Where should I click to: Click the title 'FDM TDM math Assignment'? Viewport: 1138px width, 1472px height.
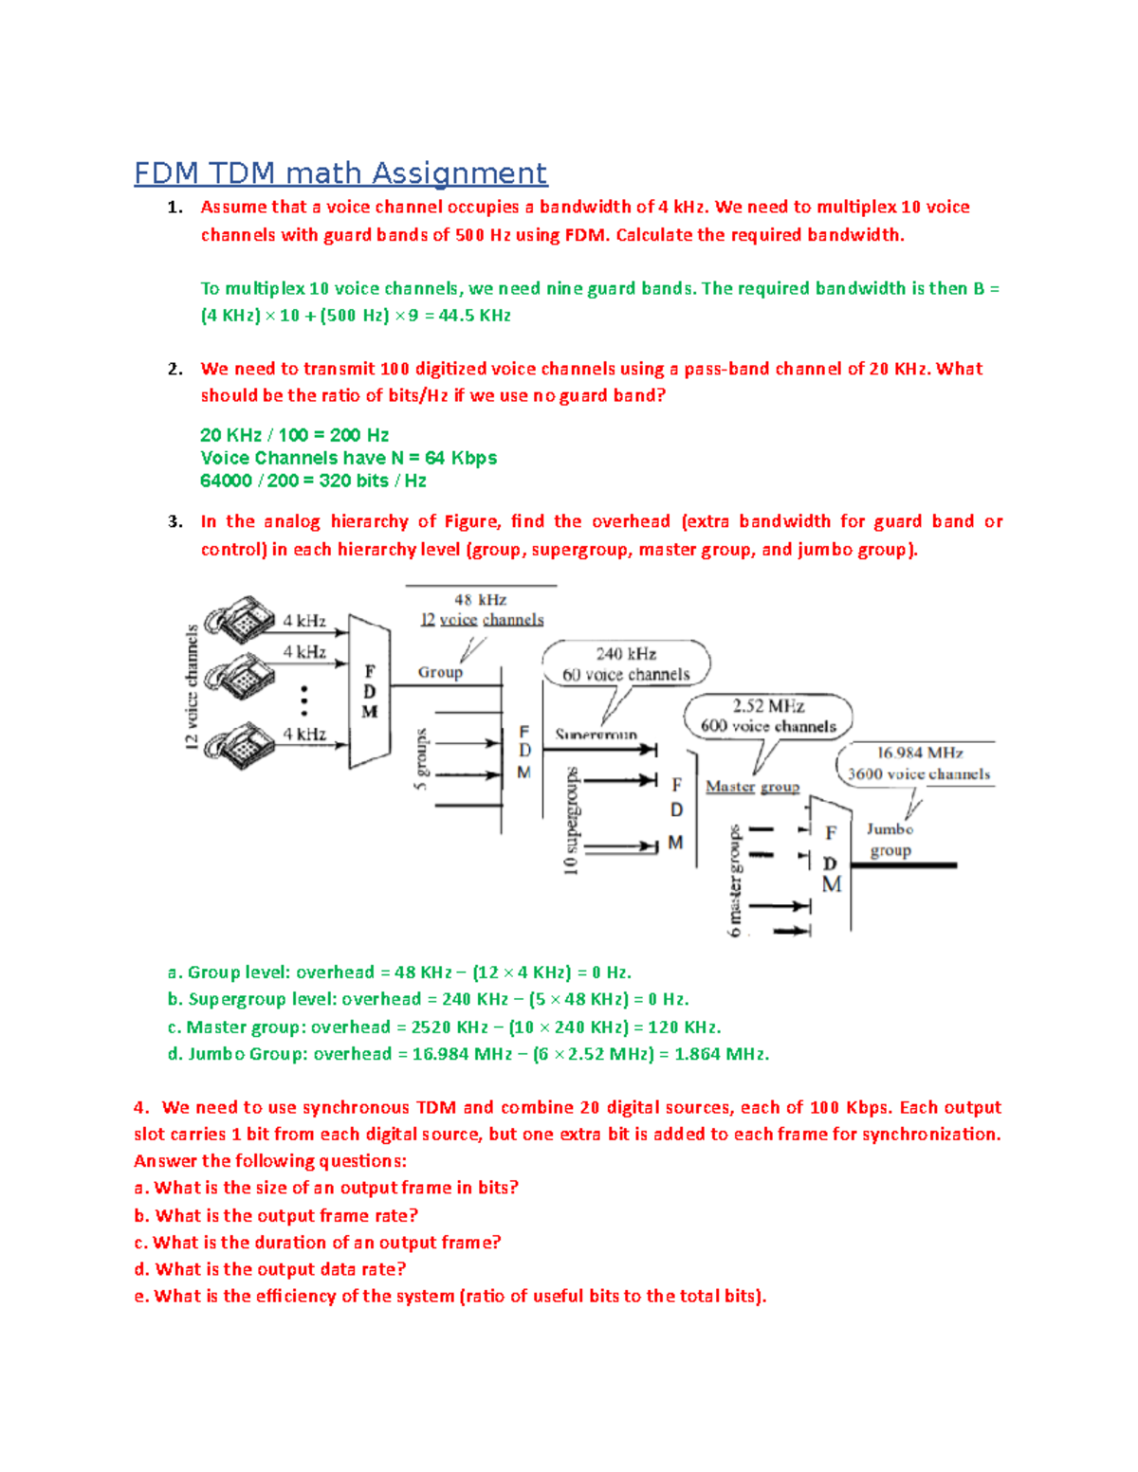click(340, 173)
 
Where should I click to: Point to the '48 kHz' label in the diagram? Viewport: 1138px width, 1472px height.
click(480, 600)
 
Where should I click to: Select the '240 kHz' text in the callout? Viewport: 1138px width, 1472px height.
click(626, 654)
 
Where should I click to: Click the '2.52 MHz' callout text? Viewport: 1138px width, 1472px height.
click(768, 706)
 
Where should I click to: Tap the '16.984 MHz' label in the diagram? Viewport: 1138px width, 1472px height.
click(919, 753)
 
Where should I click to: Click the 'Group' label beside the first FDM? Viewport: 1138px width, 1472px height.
click(440, 672)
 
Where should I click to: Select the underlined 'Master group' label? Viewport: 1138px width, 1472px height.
click(752, 787)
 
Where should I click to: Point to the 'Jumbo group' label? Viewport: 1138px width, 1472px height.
click(890, 840)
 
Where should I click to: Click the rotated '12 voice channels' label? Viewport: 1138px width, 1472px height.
click(193, 687)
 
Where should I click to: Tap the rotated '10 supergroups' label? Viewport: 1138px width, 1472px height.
click(571, 821)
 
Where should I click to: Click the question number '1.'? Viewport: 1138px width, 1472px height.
click(174, 208)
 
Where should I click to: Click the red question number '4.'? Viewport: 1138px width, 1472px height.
click(141, 1107)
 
